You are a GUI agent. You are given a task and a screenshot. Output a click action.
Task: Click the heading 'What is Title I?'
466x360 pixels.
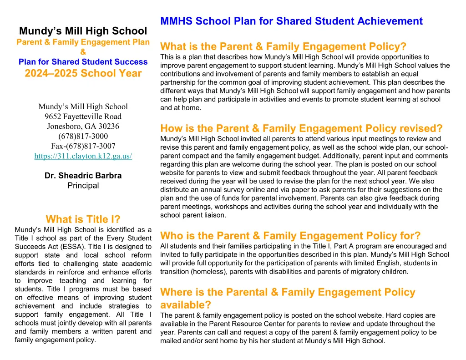click(x=83, y=219)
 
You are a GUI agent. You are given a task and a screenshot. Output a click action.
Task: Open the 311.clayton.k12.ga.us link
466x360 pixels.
click(x=83, y=156)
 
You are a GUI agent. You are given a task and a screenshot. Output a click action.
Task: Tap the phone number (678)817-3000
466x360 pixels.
click(x=83, y=136)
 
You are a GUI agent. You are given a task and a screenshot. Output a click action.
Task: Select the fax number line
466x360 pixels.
click(x=83, y=146)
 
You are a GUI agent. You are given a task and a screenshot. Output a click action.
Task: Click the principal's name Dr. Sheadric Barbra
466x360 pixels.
click(x=83, y=176)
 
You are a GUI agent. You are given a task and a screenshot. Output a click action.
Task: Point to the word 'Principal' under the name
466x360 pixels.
click(x=83, y=185)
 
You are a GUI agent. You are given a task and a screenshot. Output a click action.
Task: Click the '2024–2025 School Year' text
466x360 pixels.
click(x=83, y=73)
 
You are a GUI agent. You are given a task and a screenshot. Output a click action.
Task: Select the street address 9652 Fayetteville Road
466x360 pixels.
click(x=83, y=117)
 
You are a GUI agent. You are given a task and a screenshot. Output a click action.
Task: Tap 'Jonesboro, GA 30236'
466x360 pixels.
click(x=83, y=126)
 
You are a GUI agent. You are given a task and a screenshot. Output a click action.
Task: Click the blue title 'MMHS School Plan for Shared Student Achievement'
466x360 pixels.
click(x=291, y=21)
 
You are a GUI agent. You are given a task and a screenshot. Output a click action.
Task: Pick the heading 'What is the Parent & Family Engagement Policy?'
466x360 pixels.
click(x=283, y=46)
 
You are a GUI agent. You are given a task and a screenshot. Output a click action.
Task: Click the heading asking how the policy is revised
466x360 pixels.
click(x=301, y=128)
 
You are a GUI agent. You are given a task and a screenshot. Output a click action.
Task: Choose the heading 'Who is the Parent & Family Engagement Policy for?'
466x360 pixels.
click(x=290, y=236)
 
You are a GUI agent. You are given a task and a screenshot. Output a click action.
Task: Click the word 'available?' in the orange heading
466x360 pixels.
click(x=186, y=304)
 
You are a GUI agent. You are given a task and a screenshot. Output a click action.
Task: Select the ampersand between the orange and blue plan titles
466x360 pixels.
click(x=83, y=52)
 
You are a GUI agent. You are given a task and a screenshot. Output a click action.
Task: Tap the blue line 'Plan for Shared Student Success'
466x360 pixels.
click(x=83, y=61)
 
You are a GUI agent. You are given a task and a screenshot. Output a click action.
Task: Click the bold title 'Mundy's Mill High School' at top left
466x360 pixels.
click(x=83, y=31)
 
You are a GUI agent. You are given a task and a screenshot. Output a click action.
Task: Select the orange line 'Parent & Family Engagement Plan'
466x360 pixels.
click(x=83, y=42)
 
